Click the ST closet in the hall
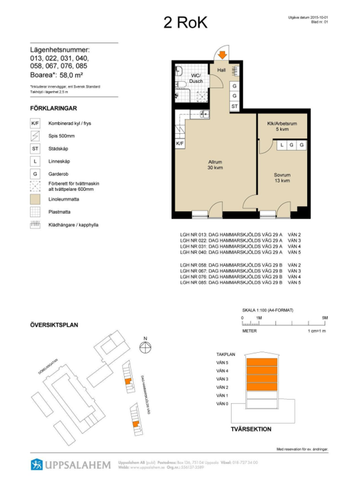coord(234,104)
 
